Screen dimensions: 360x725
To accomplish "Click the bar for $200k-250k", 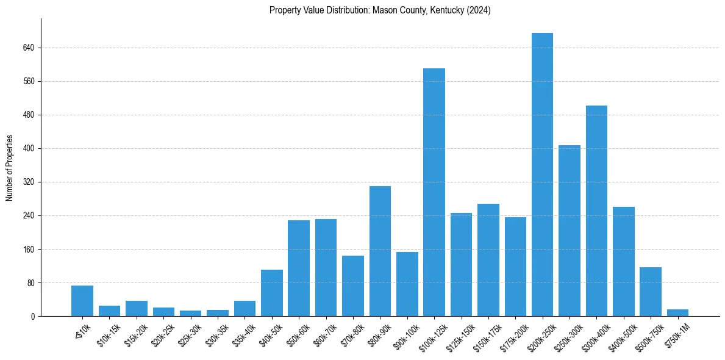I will pyautogui.click(x=542, y=175).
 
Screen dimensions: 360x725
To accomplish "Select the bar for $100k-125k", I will pyautogui.click(x=434, y=192).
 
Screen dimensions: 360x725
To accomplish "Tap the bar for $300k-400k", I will pyautogui.click(x=596, y=211).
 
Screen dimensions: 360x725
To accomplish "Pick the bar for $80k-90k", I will pyautogui.click(x=380, y=251).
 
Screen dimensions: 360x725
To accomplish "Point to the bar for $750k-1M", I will pyautogui.click(x=677, y=312).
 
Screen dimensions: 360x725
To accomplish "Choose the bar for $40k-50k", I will pyautogui.click(x=272, y=293).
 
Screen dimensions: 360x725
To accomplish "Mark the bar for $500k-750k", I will pyautogui.click(x=651, y=292).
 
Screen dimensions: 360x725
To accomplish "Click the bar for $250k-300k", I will pyautogui.click(x=570, y=231).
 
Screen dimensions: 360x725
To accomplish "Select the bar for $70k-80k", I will pyautogui.click(x=353, y=286).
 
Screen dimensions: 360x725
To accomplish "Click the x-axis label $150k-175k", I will pyautogui.click(x=487, y=334).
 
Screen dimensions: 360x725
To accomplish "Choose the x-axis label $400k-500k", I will pyautogui.click(x=622, y=334).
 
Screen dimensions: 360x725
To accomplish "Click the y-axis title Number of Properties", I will pyautogui.click(x=9, y=167).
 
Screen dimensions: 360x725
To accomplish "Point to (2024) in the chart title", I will pyautogui.click(x=477, y=10).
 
